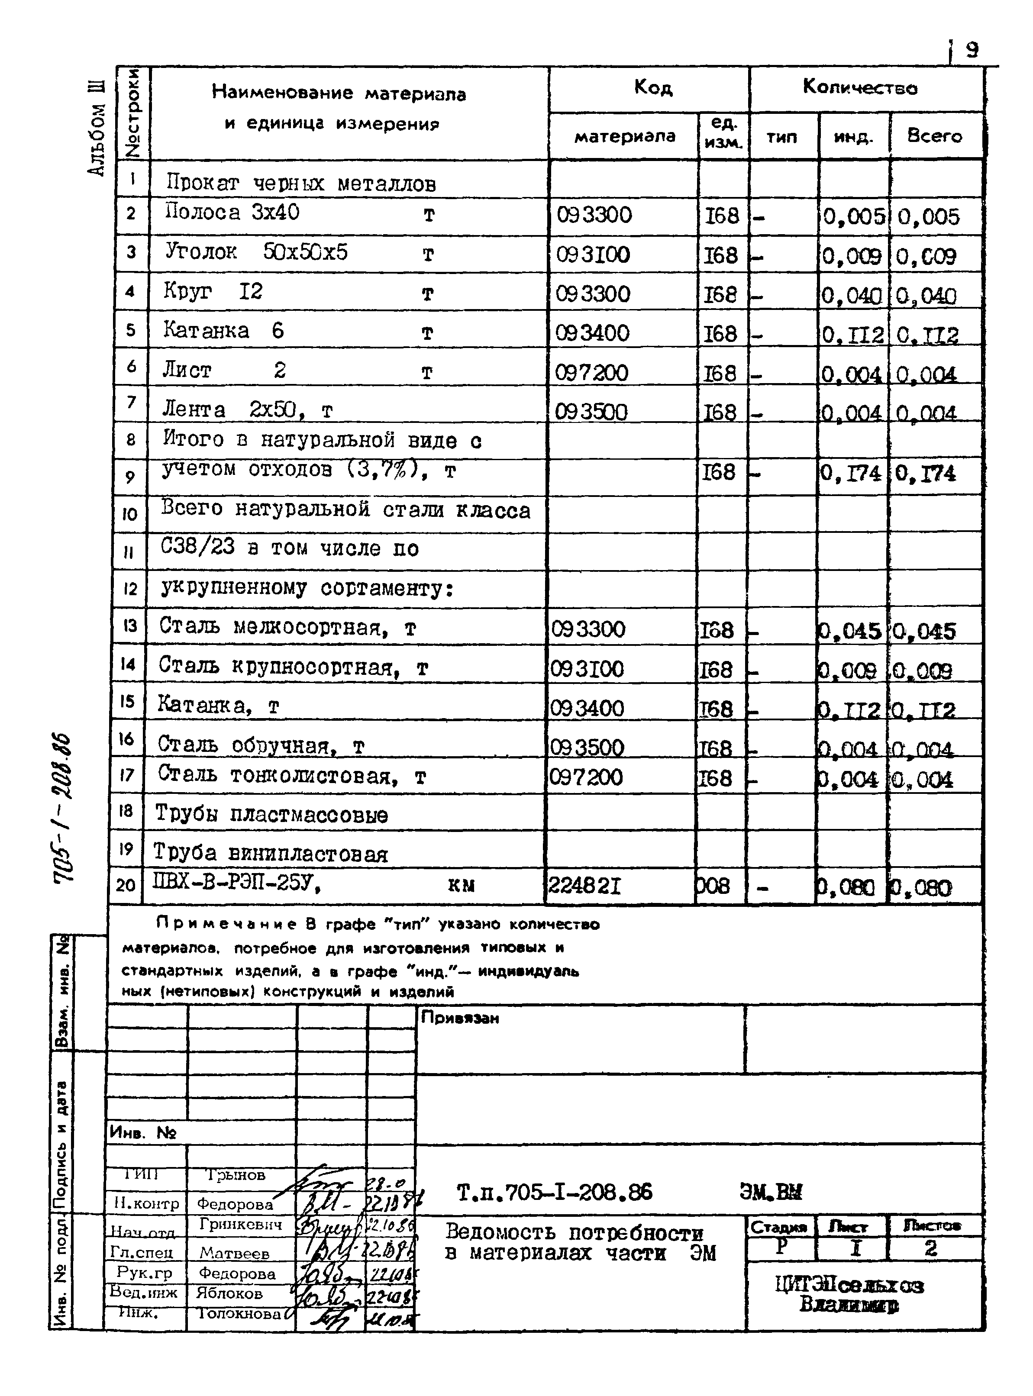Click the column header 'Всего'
click(x=934, y=135)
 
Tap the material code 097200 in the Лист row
click(x=591, y=373)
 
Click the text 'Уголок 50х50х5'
click(x=256, y=252)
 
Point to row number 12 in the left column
click(x=129, y=589)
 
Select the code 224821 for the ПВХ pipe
click(x=584, y=886)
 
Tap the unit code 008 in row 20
click(x=713, y=886)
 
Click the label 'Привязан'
click(x=460, y=1018)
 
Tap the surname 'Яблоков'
click(x=229, y=1293)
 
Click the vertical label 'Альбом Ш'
click(x=97, y=128)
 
